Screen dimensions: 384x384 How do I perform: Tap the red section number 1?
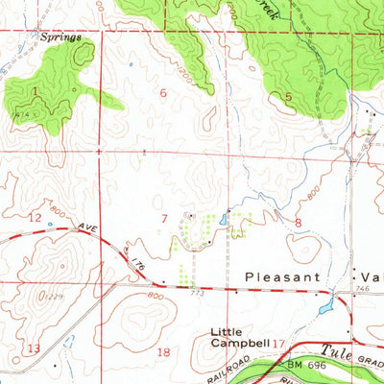click(x=36, y=91)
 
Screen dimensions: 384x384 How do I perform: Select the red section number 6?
click(x=163, y=93)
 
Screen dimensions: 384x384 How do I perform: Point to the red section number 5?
click(x=287, y=97)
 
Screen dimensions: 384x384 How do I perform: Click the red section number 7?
click(x=165, y=219)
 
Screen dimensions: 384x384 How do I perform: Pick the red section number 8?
click(x=299, y=223)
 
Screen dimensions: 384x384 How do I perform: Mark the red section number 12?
click(x=35, y=218)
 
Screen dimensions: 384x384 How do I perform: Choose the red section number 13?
click(x=35, y=348)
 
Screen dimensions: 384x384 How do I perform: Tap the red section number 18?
click(x=163, y=352)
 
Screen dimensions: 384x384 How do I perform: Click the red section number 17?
click(x=279, y=342)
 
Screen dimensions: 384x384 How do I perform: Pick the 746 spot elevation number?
click(x=362, y=288)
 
